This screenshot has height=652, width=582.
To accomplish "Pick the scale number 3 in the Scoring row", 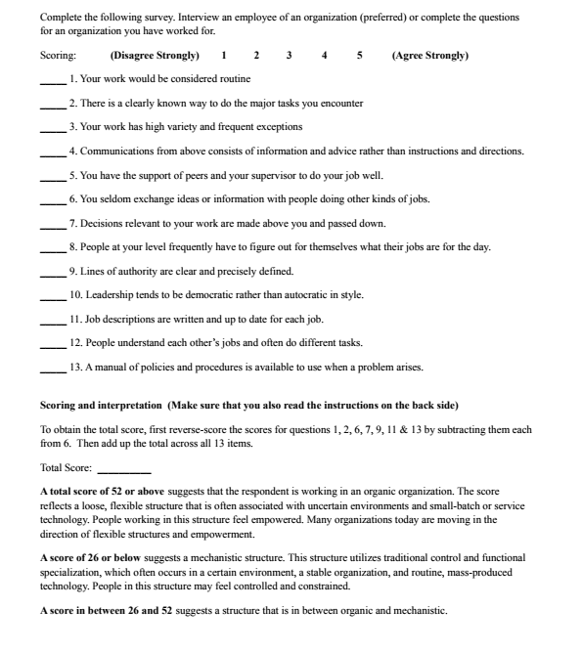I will [289, 56].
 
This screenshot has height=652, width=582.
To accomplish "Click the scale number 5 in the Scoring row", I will [360, 56].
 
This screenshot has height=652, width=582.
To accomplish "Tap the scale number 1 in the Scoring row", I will [224, 56].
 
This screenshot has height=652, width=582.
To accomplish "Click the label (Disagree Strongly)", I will [156, 56].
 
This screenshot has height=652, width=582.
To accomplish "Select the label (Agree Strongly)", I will [429, 56].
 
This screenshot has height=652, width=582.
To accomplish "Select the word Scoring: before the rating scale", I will [58, 56].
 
